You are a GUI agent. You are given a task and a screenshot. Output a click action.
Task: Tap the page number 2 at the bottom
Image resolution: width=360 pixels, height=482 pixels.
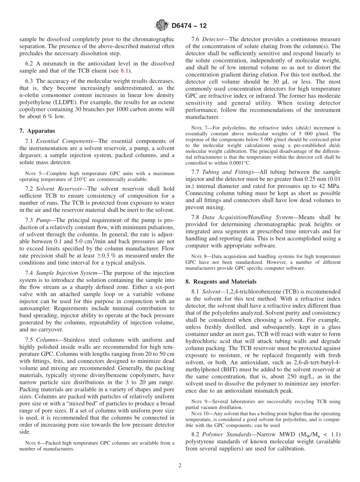tap(180, 465)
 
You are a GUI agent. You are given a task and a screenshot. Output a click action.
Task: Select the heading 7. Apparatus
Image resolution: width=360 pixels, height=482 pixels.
tap(37, 131)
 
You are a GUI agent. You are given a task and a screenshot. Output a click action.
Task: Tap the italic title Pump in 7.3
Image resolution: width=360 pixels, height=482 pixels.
tap(44, 220)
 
